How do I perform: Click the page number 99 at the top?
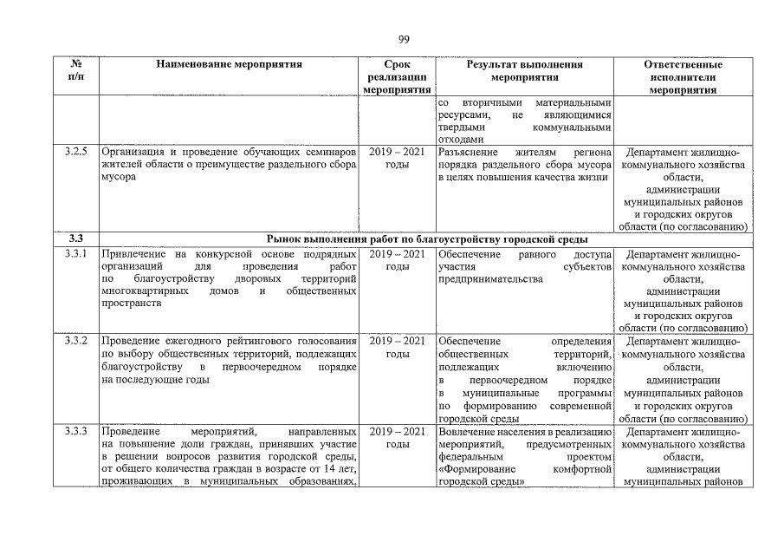coord(403,39)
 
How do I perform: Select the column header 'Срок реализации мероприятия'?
coord(397,77)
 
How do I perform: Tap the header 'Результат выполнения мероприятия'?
coord(524,71)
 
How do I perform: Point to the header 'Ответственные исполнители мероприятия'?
coord(684,77)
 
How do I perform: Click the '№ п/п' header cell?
coord(75,71)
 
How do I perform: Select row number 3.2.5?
coord(76,153)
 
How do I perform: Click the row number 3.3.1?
coord(76,254)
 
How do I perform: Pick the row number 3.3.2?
coord(76,340)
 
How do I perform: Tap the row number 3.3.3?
coord(76,432)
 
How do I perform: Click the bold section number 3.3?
coord(75,238)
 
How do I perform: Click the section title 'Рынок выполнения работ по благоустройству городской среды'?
coord(428,238)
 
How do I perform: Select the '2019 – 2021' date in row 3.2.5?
coord(397,153)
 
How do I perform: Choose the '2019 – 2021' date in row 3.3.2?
coord(397,340)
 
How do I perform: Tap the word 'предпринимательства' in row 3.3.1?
coord(490,279)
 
